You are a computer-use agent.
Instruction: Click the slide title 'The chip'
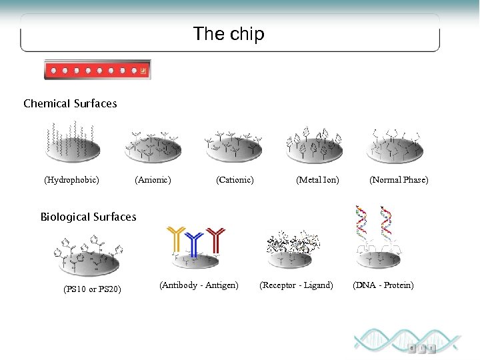[229, 34]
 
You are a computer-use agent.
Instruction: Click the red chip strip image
[97, 69]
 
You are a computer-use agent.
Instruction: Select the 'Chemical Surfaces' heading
[70, 103]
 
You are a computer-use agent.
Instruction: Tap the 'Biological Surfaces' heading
[88, 217]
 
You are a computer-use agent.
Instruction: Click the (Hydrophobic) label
[71, 180]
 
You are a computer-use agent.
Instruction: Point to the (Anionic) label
[153, 180]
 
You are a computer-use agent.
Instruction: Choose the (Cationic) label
[235, 180]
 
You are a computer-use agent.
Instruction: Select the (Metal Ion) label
[317, 180]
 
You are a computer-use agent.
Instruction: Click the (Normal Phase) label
[399, 180]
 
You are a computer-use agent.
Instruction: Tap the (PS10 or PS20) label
[92, 289]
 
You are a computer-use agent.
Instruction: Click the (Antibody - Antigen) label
[199, 285]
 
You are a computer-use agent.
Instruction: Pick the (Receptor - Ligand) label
[296, 285]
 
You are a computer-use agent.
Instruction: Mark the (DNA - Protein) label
[383, 285]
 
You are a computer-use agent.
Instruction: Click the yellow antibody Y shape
[177, 241]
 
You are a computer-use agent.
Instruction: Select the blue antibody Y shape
[194, 244]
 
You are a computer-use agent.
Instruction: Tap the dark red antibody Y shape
[215, 241]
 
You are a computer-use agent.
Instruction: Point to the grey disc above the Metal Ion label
[315, 152]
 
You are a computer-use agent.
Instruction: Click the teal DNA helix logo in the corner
[407, 341]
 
